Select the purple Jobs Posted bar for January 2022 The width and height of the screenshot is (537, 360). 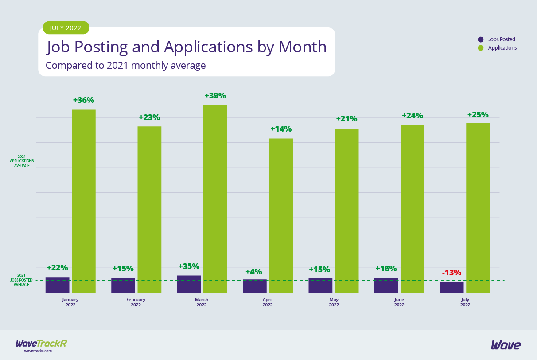[x=57, y=285]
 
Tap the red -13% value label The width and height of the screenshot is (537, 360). [x=451, y=272]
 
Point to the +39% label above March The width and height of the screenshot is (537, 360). [x=215, y=96]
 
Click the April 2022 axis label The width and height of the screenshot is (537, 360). [x=268, y=302]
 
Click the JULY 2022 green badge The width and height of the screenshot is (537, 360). [x=66, y=28]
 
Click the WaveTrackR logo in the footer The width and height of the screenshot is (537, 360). [x=41, y=344]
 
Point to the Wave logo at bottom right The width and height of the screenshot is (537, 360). [x=506, y=345]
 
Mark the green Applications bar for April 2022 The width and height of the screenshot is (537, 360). [x=281, y=215]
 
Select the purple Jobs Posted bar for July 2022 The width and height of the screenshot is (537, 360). [x=451, y=287]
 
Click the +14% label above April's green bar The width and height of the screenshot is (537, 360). [x=281, y=129]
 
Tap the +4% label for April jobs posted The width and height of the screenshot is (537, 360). [x=254, y=271]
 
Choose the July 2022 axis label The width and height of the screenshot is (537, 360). [x=465, y=302]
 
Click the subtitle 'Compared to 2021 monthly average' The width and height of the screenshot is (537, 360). [x=125, y=66]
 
